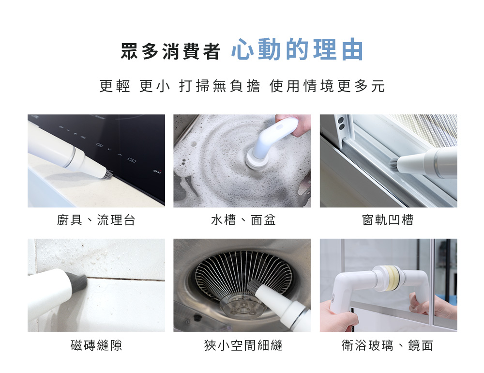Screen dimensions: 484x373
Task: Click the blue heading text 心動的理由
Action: pos(297,49)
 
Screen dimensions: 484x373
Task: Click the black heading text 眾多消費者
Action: pos(170,51)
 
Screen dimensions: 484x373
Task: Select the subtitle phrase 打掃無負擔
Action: pos(219,86)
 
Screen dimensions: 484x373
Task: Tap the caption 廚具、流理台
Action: pos(96,220)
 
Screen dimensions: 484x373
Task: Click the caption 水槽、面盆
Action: pos(243,220)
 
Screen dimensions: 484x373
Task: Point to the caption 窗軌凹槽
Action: pos(388,220)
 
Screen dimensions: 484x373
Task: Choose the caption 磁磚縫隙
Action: pos(96,345)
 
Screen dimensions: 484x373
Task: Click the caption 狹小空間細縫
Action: pos(243,345)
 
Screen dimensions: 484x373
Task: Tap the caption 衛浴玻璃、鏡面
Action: pos(388,345)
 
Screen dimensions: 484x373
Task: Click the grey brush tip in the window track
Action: pos(393,165)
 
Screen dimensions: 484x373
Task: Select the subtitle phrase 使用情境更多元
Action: pos(327,86)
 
